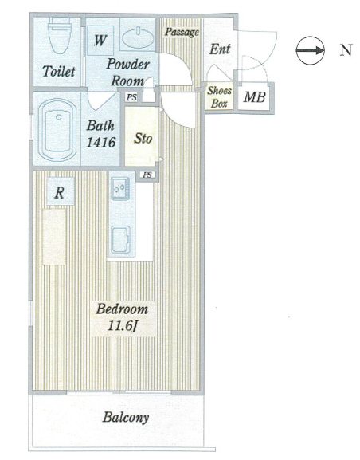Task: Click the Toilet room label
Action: (x=59, y=71)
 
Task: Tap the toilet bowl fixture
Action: (x=60, y=35)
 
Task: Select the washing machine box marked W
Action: (x=100, y=41)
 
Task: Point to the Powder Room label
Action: (x=127, y=73)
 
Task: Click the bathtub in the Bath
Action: (x=58, y=130)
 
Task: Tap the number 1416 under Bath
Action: (x=101, y=143)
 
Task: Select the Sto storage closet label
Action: (x=143, y=138)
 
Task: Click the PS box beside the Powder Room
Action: (x=131, y=97)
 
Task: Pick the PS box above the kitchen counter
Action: (x=147, y=175)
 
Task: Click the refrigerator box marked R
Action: (x=60, y=192)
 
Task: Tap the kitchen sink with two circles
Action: (x=120, y=188)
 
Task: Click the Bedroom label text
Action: (x=122, y=309)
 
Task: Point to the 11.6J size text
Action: (x=122, y=326)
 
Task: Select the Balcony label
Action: (x=126, y=418)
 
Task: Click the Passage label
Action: (x=182, y=32)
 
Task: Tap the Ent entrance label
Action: (x=220, y=49)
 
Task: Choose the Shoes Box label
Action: (x=220, y=96)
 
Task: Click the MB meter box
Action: (x=254, y=97)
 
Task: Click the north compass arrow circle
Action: (x=310, y=50)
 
